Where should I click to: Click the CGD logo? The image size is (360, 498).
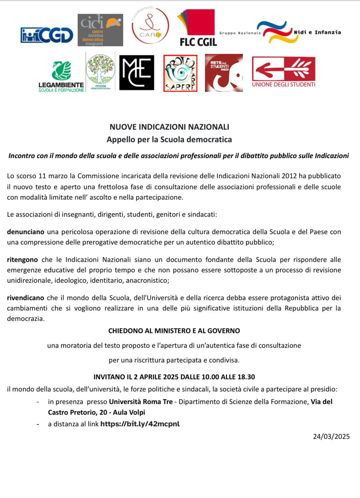coord(47,35)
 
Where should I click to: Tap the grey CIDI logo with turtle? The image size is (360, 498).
coord(100,30)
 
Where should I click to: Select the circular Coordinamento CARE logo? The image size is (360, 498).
coord(150,26)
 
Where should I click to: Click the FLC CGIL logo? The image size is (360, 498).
coord(197,28)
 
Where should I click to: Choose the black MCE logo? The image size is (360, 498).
coord(136,73)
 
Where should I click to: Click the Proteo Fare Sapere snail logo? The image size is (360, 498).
coord(180,73)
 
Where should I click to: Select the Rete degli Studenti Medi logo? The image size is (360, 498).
coord(224,73)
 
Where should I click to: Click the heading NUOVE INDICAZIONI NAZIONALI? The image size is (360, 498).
coord(169,127)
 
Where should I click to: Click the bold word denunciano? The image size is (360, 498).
coord(26,232)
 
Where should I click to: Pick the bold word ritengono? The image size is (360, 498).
coord(22,260)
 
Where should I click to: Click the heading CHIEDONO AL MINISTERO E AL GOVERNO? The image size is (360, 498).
coord(174,331)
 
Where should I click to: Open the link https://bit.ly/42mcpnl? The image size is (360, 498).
coord(140,424)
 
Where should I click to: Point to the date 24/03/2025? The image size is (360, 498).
coord(331,436)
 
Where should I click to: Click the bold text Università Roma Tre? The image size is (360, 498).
coord(141,402)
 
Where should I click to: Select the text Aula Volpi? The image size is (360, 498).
coord(129,412)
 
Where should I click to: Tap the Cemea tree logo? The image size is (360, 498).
coord(100,72)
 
